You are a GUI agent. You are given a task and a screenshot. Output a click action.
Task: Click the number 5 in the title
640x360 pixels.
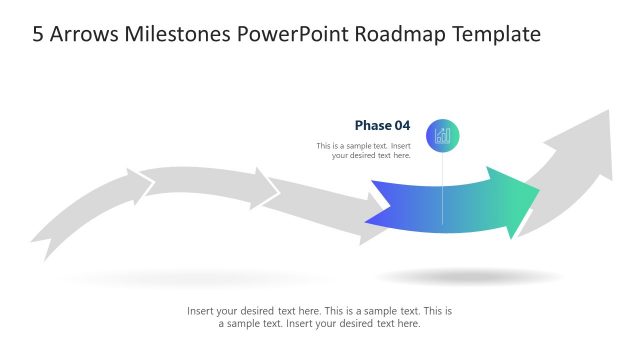[x=38, y=34]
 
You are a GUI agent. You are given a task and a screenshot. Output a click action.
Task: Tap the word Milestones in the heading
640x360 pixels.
[x=178, y=34]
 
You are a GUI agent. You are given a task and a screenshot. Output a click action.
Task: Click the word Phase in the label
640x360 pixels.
[x=373, y=126]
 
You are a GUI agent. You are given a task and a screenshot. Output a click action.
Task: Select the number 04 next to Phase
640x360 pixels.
[x=402, y=126]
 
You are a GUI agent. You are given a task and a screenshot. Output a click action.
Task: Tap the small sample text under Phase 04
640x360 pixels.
[x=364, y=150]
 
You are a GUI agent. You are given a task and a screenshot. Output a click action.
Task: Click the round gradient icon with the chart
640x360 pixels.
[x=443, y=135]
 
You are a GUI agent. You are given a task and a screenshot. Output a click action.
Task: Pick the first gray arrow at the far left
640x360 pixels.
[x=80, y=210]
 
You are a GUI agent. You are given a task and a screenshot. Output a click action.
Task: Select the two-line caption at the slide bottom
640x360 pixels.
[x=320, y=317]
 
